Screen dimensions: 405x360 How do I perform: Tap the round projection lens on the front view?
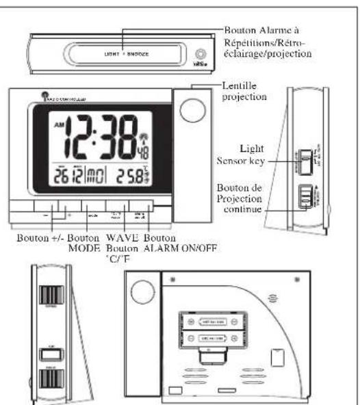click(x=195, y=109)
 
